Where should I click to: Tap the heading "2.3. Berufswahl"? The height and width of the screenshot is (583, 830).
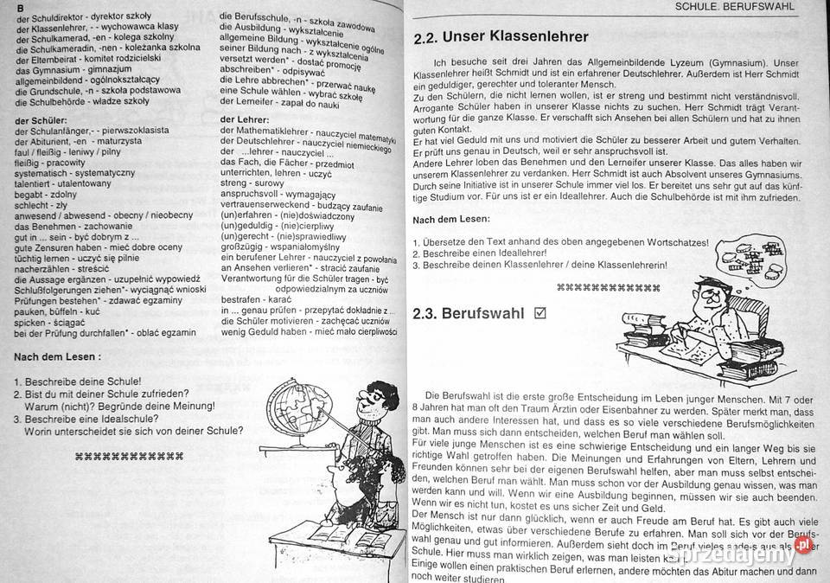click(x=470, y=315)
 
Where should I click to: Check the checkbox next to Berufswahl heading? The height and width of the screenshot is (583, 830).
click(x=541, y=313)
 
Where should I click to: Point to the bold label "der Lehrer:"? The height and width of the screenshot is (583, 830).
click(x=245, y=118)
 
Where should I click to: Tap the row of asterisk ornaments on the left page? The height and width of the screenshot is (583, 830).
click(x=130, y=454)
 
